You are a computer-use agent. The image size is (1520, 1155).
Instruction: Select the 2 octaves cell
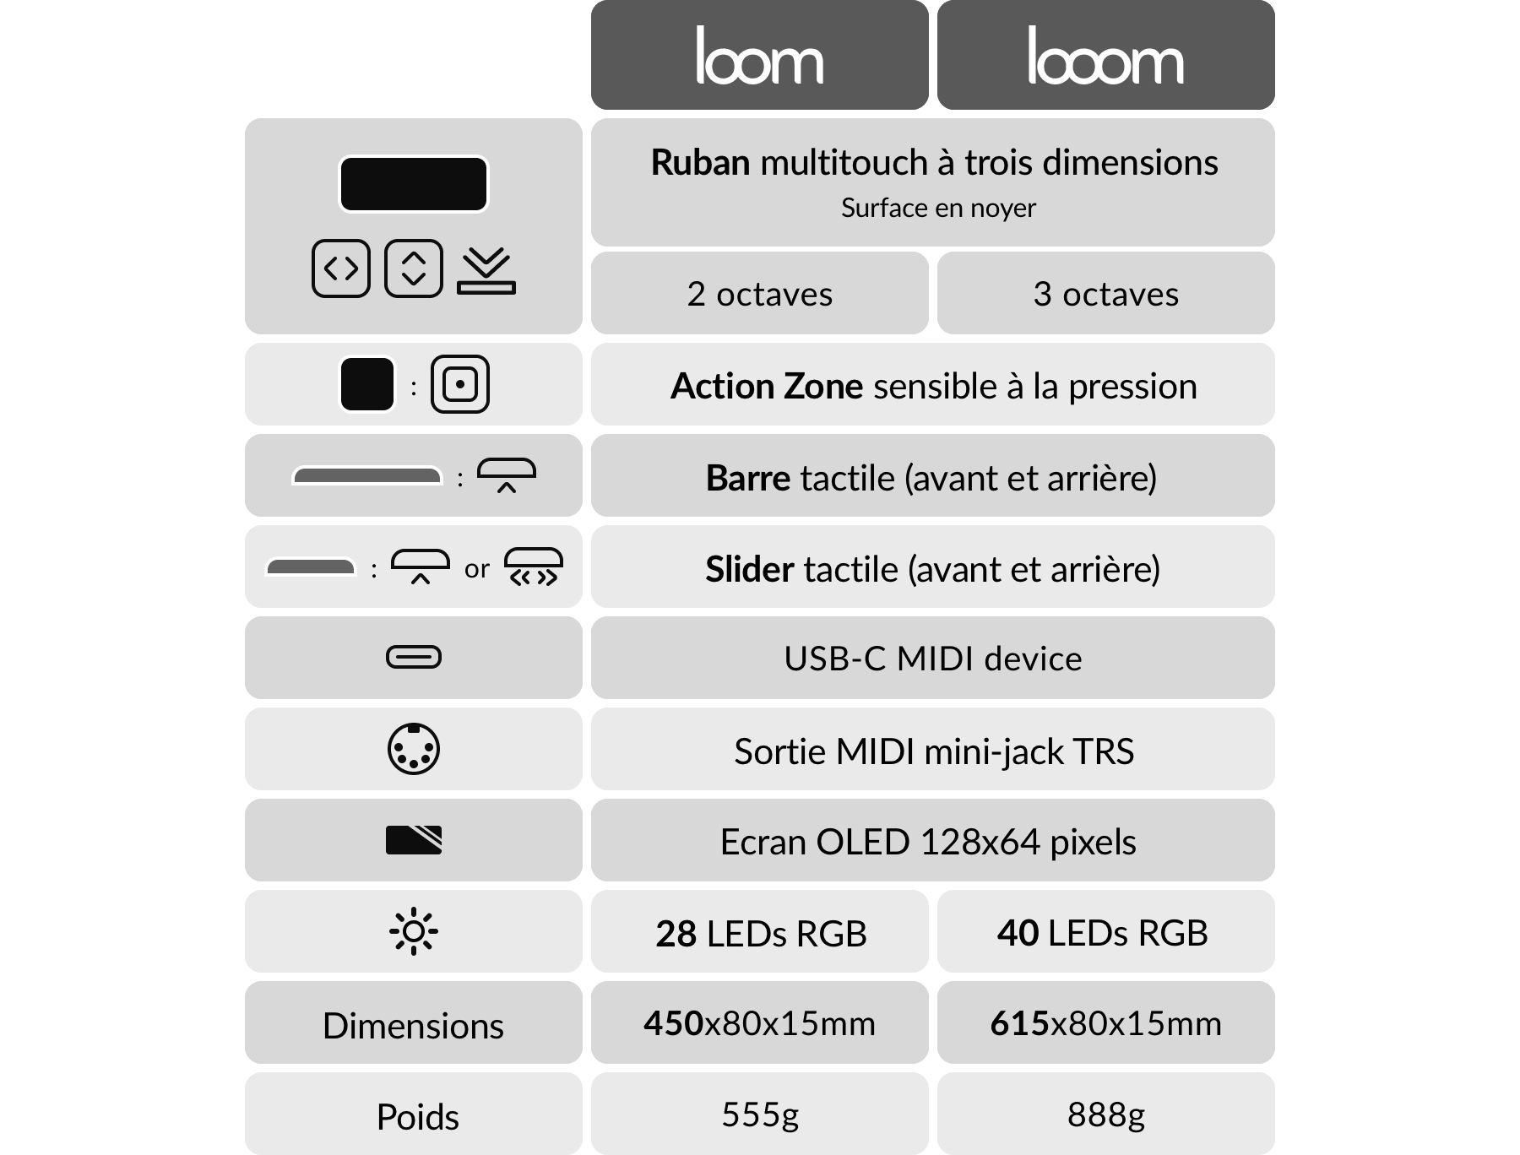[759, 294]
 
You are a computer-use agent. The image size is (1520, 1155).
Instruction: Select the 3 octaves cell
[1105, 294]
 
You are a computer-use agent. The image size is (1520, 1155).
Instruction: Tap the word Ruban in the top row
[700, 162]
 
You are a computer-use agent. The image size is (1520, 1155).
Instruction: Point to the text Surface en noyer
[938, 208]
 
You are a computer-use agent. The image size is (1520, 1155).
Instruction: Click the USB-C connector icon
[413, 657]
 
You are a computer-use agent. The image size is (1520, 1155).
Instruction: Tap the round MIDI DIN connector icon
[413, 749]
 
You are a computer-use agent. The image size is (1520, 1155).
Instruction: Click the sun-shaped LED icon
[413, 931]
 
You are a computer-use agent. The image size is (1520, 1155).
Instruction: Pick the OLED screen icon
[413, 840]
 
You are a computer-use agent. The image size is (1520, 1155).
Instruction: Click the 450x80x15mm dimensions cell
[759, 1023]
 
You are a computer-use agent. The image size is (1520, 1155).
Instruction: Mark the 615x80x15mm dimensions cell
[1105, 1023]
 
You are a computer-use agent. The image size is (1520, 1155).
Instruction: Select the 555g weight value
[759, 1114]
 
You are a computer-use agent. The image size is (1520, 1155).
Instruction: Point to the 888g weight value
[1105, 1114]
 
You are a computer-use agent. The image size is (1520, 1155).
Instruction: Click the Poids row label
[417, 1116]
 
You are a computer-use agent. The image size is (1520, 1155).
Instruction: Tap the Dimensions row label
[413, 1025]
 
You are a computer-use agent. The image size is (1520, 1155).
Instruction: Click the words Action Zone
[767, 386]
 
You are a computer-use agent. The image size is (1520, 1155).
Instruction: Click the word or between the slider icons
[476, 569]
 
